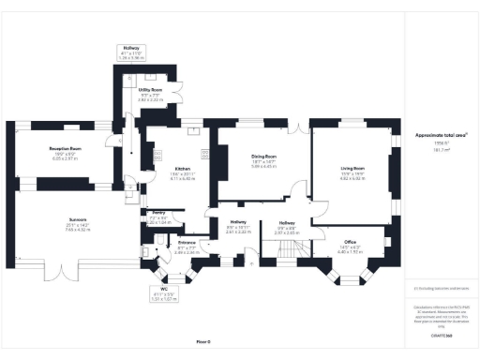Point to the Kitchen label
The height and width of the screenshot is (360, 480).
pyautogui.click(x=156, y=168)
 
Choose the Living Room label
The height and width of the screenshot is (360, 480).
pyautogui.click(x=352, y=168)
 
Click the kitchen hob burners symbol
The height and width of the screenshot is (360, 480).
pyautogui.click(x=205, y=156)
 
